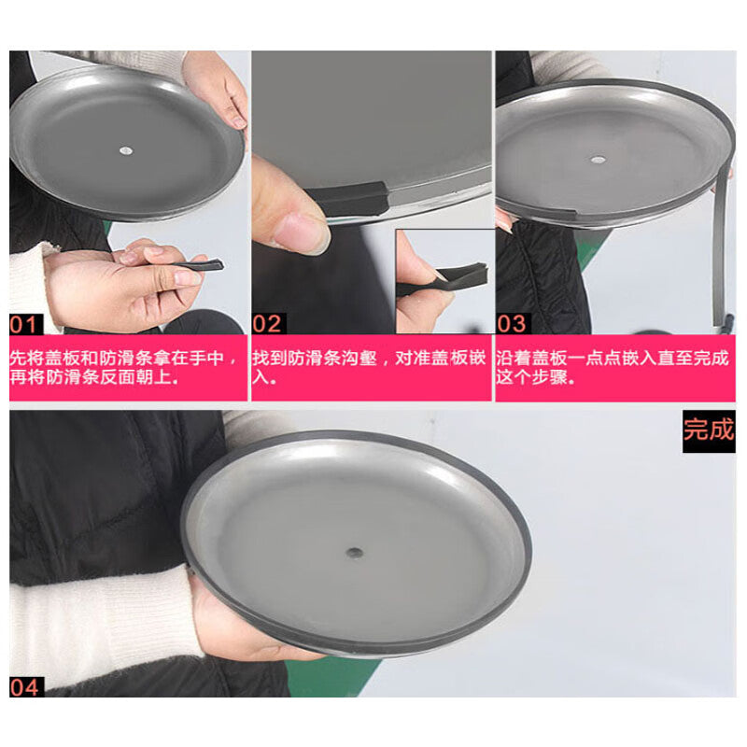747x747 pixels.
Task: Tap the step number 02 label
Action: [269, 324]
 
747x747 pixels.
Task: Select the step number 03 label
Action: [513, 324]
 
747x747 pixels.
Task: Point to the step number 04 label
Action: [27, 687]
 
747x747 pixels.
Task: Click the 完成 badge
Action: [709, 430]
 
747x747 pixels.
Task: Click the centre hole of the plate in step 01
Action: [126, 151]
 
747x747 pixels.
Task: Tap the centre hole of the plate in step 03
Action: [599, 160]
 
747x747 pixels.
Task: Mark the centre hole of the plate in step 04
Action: [354, 553]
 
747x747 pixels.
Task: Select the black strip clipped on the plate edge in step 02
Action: [347, 199]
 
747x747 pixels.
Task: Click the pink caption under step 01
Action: [128, 368]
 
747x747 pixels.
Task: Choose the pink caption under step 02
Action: [372, 368]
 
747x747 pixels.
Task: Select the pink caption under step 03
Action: [615, 368]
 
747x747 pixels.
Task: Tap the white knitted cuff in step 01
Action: [29, 286]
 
